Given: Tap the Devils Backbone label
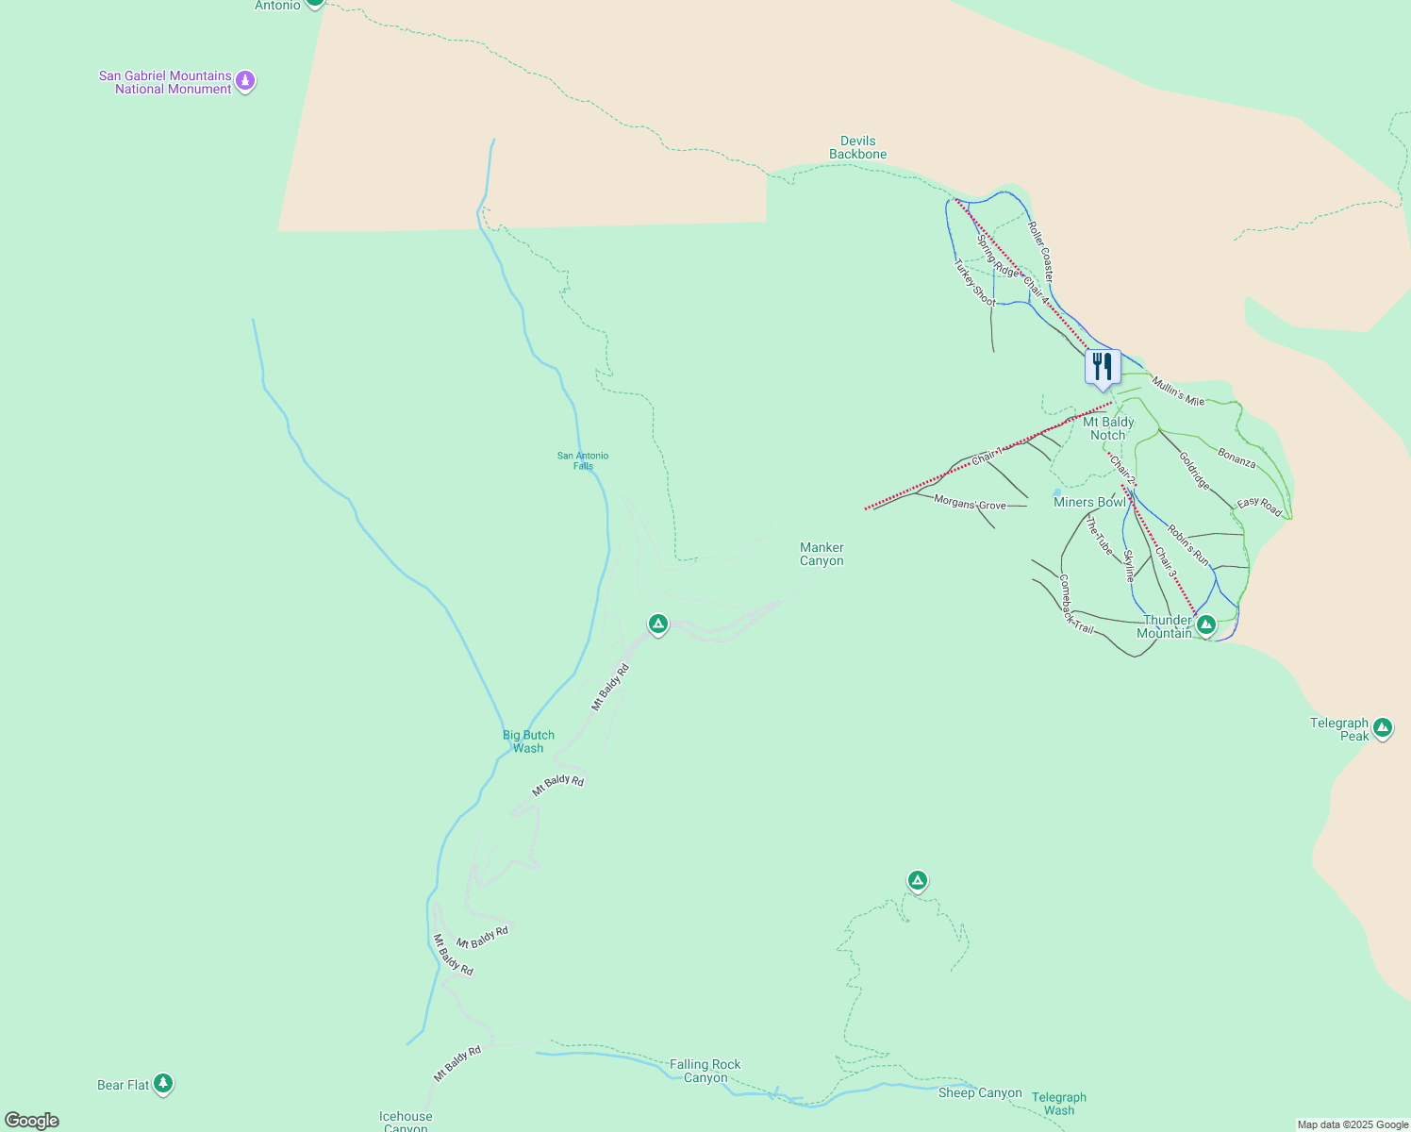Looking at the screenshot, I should point(857,148).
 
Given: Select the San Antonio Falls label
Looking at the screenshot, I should point(583,460).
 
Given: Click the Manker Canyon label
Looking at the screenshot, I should point(822,554).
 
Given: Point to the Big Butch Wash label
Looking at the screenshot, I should point(528,741).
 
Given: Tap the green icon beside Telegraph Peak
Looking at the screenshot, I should point(1382,727).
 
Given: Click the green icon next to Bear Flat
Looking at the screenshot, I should point(163,1083).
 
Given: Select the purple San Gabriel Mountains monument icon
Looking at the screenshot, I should point(245,81).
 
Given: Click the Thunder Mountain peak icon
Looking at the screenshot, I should point(1205,624).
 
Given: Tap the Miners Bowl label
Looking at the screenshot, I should point(1089,502).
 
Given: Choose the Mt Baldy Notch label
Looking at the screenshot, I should point(1108,428).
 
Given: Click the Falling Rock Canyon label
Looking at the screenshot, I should point(705,1071).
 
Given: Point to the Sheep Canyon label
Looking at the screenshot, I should point(980,1092).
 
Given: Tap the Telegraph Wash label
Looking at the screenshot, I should point(1059,1104).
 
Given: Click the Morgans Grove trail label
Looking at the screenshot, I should point(970,503).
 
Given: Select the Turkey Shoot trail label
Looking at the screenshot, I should point(974,283).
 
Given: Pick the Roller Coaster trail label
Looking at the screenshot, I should point(1040,251).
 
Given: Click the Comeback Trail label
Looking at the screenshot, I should point(1075,605).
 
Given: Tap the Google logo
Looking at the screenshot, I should point(32,1121).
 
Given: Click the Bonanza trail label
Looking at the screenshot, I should point(1237,458).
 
